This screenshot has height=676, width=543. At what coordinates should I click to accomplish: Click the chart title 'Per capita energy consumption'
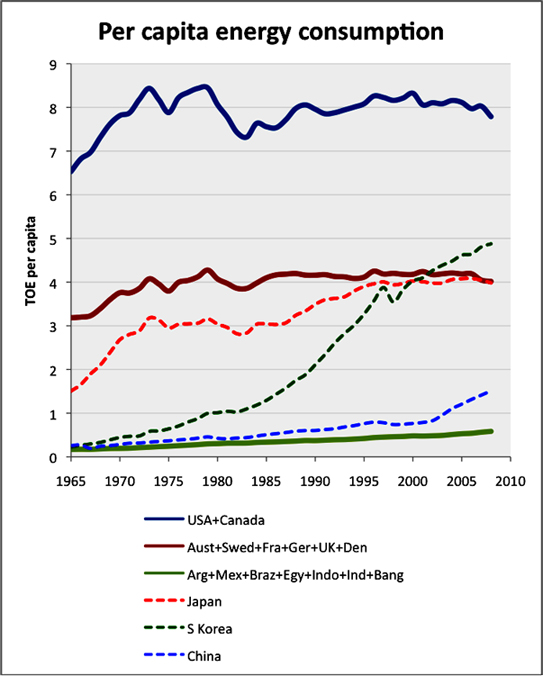click(x=271, y=33)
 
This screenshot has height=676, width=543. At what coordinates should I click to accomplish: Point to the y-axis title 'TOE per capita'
click(x=30, y=260)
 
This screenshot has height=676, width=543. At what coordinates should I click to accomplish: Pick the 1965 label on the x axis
click(x=72, y=480)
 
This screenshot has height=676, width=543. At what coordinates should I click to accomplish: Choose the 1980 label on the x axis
click(x=218, y=480)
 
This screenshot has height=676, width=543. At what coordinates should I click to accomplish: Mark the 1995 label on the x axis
click(x=365, y=480)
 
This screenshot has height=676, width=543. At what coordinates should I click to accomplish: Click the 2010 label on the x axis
click(x=511, y=480)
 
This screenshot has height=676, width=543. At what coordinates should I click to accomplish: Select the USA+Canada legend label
click(x=226, y=520)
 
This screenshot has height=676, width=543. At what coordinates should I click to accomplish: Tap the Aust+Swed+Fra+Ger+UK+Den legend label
click(x=277, y=548)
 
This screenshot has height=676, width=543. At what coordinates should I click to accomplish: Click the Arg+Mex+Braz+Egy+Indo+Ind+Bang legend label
click(x=295, y=575)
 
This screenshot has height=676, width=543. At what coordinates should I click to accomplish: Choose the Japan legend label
click(x=204, y=602)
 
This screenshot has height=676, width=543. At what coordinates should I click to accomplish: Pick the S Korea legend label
click(x=209, y=629)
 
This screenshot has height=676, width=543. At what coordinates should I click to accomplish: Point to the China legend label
click(x=204, y=656)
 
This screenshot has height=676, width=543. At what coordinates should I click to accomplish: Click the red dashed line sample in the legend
click(x=164, y=601)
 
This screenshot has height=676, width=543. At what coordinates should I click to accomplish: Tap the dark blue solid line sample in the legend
click(x=164, y=519)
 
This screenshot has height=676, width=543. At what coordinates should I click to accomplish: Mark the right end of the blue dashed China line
click(x=487, y=392)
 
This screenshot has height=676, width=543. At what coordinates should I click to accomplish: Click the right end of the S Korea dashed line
click(x=492, y=244)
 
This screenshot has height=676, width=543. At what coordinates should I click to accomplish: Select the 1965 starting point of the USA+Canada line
click(x=72, y=172)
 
